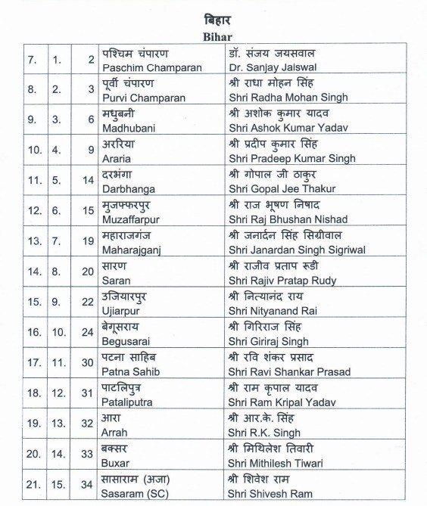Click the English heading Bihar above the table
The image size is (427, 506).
coord(213,35)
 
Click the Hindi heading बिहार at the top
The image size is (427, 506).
coord(213,18)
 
